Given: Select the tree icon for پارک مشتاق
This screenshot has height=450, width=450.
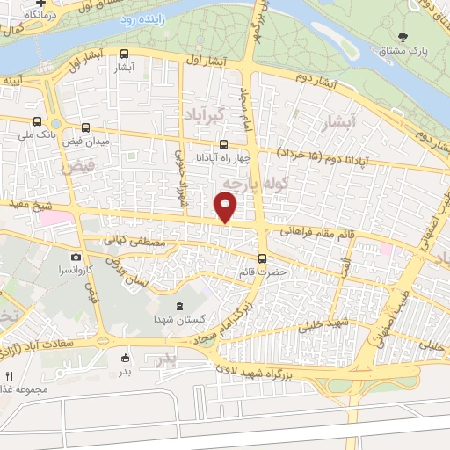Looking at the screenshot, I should (x=403, y=37).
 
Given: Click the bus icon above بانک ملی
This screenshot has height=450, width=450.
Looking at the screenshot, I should (x=37, y=122).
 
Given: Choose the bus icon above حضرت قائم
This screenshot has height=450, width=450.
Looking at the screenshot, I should (x=262, y=258).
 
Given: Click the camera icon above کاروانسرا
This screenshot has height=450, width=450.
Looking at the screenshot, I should (x=76, y=257).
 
